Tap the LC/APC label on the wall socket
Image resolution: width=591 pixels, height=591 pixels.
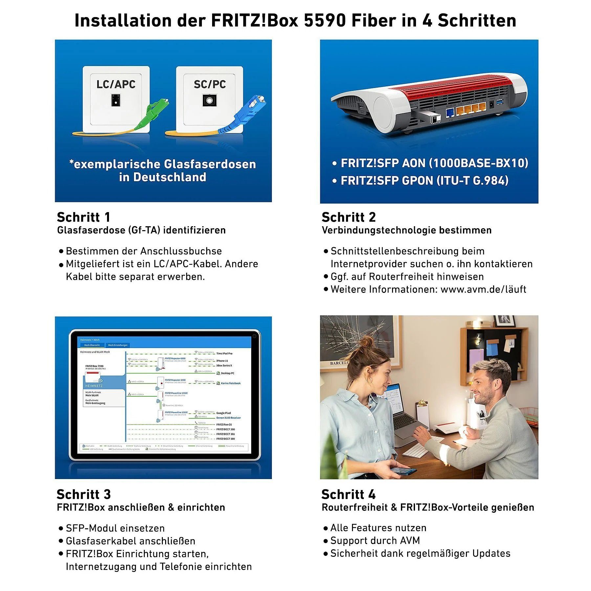116,84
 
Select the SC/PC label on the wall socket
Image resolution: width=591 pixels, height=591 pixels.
209,84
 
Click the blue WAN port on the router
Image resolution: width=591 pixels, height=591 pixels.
450,113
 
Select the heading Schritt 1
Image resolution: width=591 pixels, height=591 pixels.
83,217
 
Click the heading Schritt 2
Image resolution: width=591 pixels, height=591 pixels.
348,217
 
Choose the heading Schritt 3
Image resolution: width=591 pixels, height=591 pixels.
83,494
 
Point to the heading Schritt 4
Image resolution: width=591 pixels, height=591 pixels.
348,494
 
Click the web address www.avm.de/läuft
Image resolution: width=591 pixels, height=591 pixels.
483,289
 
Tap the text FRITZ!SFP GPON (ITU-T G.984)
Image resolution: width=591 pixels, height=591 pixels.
424,180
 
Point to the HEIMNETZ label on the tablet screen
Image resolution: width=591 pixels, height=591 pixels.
94,386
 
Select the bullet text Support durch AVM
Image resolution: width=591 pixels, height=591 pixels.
375,540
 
